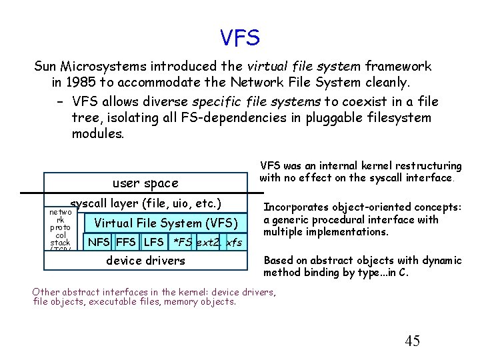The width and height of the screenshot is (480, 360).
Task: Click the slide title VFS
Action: click(x=239, y=37)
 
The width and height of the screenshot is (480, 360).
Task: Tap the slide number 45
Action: click(x=412, y=341)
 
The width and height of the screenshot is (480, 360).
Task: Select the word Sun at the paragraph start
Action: click(x=45, y=67)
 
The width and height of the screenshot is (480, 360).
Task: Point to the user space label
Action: click(x=145, y=183)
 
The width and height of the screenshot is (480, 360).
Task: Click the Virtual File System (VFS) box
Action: click(x=166, y=223)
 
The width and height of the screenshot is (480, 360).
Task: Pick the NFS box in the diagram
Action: click(x=99, y=241)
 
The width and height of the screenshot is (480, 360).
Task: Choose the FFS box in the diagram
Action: click(x=126, y=241)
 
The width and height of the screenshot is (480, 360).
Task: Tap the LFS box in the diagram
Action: click(x=153, y=241)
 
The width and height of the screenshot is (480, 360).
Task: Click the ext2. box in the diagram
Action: click(x=209, y=241)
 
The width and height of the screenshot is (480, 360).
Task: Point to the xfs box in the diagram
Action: click(x=234, y=241)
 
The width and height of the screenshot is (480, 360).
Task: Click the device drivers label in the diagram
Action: click(x=145, y=261)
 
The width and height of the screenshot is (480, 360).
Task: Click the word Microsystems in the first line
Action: click(x=114, y=67)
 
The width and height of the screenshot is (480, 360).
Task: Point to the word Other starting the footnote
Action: click(x=46, y=291)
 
